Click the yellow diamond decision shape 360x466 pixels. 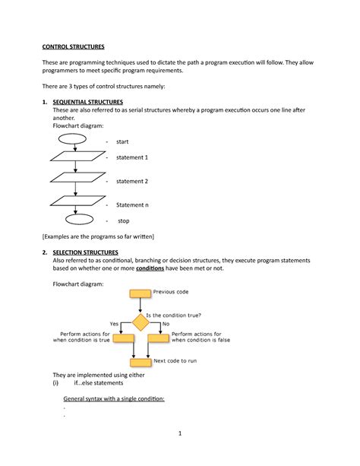tap(140, 322)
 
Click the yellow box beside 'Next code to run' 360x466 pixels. tap(141, 362)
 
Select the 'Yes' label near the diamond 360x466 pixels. tap(114, 324)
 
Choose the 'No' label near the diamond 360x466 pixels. tap(166, 324)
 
